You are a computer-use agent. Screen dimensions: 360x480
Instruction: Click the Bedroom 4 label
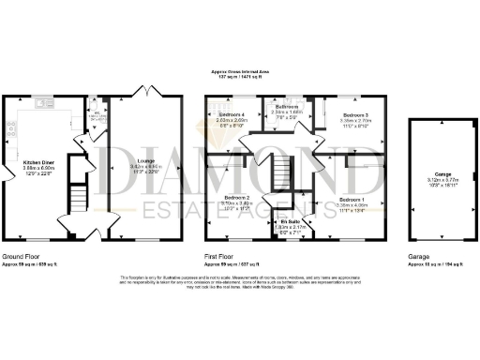pos(231,114)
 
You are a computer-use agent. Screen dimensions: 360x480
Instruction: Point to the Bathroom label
pos(287,107)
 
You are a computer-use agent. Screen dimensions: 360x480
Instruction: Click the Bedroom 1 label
pos(352,200)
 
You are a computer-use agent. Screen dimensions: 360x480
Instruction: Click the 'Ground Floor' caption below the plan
pos(20,255)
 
